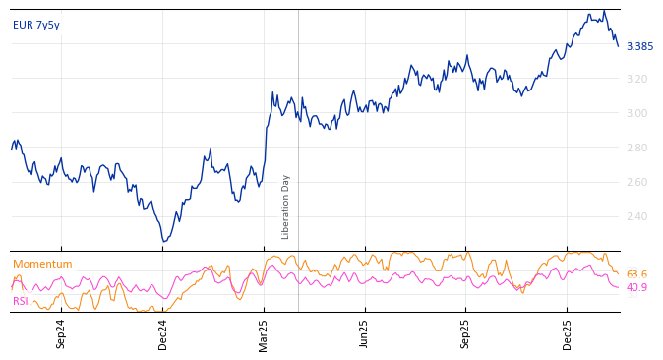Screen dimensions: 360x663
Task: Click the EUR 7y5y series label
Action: (x=36, y=25)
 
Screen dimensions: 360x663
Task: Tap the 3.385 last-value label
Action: (x=639, y=46)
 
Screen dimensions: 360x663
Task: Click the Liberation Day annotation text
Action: (x=286, y=207)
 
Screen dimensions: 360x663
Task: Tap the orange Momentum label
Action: (x=42, y=264)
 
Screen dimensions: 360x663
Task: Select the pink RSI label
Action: (x=21, y=301)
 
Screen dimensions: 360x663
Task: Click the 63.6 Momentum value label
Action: (x=636, y=274)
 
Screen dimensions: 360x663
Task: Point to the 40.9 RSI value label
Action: (x=636, y=287)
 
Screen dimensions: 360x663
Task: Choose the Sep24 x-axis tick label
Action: (x=61, y=333)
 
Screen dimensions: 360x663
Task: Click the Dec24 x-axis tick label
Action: (x=163, y=333)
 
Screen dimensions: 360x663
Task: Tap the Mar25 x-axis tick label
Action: (x=264, y=333)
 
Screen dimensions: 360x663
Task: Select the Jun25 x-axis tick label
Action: (x=365, y=333)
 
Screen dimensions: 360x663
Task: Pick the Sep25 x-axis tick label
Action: (x=466, y=333)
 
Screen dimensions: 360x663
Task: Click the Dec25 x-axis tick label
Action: (x=568, y=333)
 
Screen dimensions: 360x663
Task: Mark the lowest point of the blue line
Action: (x=164, y=241)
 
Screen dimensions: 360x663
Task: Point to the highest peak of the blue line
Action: (x=604, y=11)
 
